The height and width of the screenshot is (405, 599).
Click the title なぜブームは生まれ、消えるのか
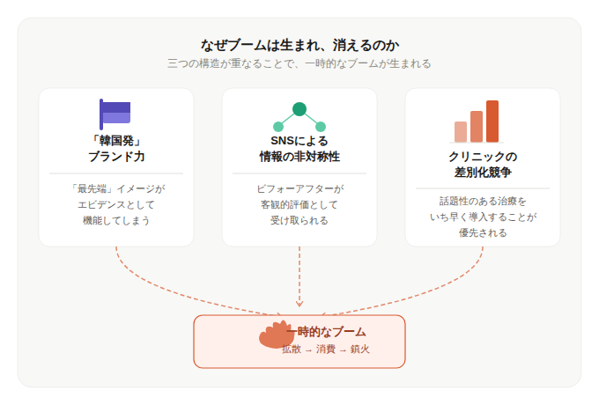[299, 44]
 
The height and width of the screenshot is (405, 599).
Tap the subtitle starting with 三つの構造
[299, 63]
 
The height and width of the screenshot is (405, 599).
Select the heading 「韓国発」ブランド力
[116, 148]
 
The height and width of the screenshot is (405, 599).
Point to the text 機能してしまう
[116, 220]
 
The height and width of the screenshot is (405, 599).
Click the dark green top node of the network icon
[299, 109]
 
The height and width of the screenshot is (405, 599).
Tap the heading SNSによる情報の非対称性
[299, 148]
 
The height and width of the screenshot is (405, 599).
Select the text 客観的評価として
[299, 204]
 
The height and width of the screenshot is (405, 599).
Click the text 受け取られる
[299, 220]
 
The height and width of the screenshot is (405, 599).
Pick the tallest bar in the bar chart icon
[492, 121]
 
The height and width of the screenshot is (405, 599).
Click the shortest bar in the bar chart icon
[461, 132]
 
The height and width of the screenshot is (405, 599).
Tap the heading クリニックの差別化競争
[483, 164]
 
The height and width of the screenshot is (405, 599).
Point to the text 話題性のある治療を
[483, 201]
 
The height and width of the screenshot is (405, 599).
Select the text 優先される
[483, 232]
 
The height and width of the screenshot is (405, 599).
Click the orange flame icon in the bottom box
[276, 335]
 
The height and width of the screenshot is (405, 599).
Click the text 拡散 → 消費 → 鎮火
[326, 350]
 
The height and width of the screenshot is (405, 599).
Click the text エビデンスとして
[116, 204]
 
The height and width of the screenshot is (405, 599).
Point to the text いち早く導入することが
[483, 217]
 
